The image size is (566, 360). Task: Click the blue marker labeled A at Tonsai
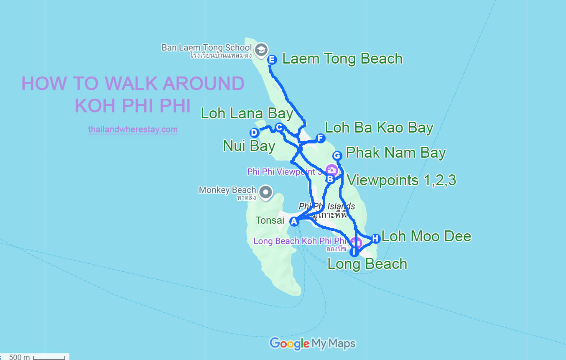pyautogui.click(x=294, y=221)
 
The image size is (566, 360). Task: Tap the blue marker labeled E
pyautogui.click(x=272, y=60)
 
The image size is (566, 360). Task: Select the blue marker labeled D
pyautogui.click(x=254, y=133)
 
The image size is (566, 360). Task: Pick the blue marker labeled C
pyautogui.click(x=279, y=127)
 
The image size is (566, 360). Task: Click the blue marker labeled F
pyautogui.click(x=320, y=138)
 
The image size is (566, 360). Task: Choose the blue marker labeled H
pyautogui.click(x=375, y=238)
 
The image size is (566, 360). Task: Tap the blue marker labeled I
pyautogui.click(x=354, y=252)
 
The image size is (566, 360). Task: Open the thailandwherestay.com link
pyautogui.click(x=133, y=130)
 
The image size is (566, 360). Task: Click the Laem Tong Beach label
pyautogui.click(x=342, y=59)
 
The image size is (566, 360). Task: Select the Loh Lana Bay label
pyautogui.click(x=247, y=113)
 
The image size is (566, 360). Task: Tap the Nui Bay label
pyautogui.click(x=249, y=146)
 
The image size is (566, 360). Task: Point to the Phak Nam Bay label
pyautogui.click(x=395, y=153)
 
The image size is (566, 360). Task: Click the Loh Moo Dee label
pyautogui.click(x=426, y=237)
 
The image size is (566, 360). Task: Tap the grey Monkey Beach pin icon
pyautogui.click(x=265, y=192)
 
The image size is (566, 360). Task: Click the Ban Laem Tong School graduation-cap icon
pyautogui.click(x=262, y=49)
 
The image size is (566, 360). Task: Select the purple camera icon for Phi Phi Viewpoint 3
pyautogui.click(x=331, y=170)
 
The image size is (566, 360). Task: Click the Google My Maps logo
pyautogui.click(x=312, y=344)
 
